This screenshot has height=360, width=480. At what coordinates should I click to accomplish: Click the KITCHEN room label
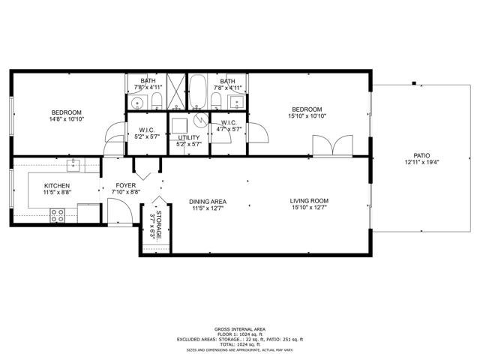(57, 186)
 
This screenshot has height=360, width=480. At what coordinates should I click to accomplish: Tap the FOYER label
(126, 185)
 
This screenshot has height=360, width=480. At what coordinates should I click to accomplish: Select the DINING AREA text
(208, 202)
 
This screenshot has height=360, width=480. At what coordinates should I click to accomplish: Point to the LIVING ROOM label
(309, 201)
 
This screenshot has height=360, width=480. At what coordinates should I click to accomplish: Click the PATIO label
(421, 155)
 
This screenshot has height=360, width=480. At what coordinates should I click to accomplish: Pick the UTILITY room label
(189, 138)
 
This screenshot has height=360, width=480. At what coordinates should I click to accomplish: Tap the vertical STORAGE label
(159, 225)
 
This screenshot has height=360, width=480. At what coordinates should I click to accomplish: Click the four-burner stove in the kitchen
(58, 215)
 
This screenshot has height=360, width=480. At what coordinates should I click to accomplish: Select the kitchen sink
(73, 166)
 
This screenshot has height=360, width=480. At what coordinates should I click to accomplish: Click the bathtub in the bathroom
(198, 91)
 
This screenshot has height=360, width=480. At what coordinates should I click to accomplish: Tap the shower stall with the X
(176, 91)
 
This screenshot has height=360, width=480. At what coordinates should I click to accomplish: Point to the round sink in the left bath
(137, 102)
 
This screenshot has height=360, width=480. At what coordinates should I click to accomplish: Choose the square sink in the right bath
(237, 102)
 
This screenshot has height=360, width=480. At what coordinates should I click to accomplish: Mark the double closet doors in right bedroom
(333, 145)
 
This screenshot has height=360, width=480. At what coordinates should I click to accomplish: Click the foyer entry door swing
(120, 212)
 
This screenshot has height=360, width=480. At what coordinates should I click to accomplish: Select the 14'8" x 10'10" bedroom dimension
(67, 119)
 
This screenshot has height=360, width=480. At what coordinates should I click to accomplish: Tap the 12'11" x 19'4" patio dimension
(421, 163)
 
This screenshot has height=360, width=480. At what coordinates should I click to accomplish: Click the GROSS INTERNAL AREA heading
(240, 329)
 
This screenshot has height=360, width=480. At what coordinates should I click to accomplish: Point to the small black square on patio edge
(414, 83)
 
